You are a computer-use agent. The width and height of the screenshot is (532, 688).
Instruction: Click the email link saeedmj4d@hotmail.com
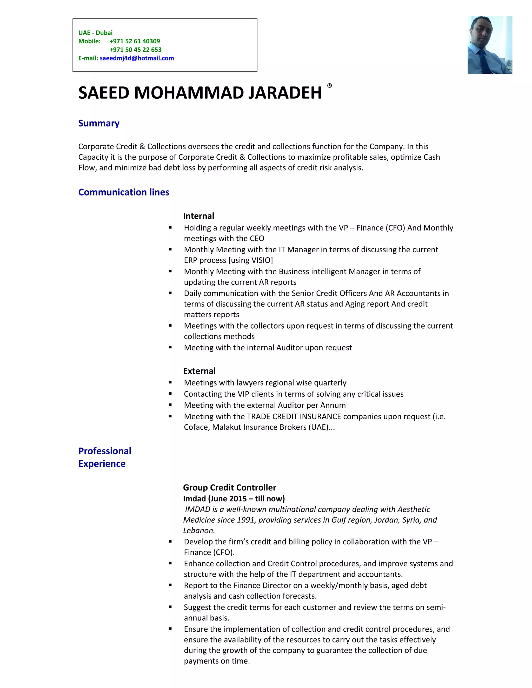[x=137, y=58]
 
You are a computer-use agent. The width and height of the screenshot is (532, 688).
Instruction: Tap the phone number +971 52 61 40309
[x=135, y=41]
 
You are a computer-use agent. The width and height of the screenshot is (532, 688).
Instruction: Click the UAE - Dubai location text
[x=95, y=33]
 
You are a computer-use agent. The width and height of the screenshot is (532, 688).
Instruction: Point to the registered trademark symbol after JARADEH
[x=329, y=85]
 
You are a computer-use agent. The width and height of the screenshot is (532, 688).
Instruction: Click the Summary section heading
[x=99, y=123]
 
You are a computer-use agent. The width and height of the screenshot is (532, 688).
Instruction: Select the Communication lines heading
[x=124, y=192]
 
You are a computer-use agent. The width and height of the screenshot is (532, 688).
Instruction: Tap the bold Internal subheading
[x=198, y=216]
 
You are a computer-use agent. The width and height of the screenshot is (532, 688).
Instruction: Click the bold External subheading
[x=199, y=371]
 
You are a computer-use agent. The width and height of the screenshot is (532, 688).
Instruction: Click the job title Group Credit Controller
[x=229, y=488]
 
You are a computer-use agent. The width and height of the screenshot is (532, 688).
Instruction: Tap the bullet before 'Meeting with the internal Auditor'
[x=170, y=347]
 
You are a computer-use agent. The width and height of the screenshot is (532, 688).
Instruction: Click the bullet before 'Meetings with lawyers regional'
[x=170, y=382]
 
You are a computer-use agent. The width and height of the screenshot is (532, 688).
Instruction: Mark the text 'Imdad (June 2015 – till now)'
[x=234, y=499]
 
